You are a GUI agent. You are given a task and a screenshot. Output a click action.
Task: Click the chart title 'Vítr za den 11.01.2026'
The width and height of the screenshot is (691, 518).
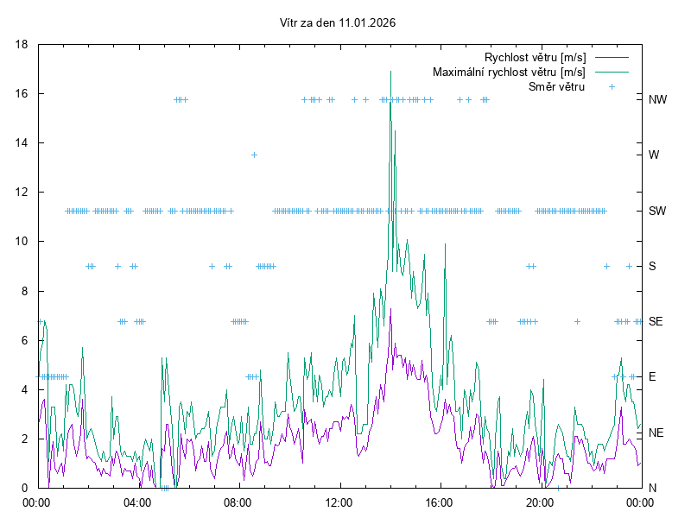click(339, 22)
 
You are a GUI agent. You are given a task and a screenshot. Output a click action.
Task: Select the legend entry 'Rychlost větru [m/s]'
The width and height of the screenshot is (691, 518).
click(535, 57)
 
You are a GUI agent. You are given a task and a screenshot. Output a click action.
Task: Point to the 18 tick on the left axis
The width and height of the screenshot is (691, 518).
click(22, 44)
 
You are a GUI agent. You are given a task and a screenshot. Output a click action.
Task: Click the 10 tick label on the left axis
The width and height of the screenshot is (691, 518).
click(22, 242)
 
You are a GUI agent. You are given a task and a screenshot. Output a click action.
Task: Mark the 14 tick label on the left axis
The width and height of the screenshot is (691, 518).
click(22, 142)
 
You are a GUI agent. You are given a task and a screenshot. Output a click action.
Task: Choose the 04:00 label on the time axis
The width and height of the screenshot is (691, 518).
click(137, 502)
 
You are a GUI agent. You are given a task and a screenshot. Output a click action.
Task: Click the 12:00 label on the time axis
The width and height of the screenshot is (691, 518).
click(339, 502)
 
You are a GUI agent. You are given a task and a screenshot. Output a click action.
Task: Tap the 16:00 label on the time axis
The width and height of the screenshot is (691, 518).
click(440, 502)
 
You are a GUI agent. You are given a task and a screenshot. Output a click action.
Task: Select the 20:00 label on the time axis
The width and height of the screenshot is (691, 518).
click(540, 502)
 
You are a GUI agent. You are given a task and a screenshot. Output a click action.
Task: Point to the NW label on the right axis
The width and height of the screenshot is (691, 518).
click(658, 99)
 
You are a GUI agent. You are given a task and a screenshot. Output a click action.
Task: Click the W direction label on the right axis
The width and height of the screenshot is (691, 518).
click(654, 155)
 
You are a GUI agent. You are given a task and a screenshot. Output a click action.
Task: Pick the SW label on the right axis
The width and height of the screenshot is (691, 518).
click(657, 211)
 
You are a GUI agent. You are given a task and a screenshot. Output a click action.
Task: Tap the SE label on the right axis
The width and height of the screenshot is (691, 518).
click(656, 321)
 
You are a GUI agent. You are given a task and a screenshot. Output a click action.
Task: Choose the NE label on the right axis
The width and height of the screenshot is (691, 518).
click(656, 433)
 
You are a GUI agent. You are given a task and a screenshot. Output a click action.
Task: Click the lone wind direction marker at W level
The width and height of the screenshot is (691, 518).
click(254, 155)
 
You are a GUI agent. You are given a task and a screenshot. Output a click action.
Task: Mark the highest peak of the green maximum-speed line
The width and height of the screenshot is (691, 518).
click(391, 72)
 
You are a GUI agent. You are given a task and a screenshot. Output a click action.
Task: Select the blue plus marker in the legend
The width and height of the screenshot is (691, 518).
click(612, 86)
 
